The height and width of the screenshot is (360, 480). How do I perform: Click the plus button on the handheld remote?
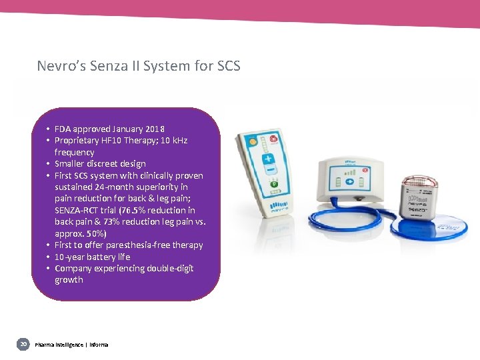(x=267, y=161)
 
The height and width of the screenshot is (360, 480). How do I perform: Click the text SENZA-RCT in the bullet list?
(x=77, y=210)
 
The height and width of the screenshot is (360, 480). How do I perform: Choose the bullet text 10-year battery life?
(x=92, y=257)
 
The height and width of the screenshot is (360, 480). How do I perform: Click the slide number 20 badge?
(x=23, y=344)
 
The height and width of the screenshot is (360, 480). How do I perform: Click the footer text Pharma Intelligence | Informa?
(x=71, y=345)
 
